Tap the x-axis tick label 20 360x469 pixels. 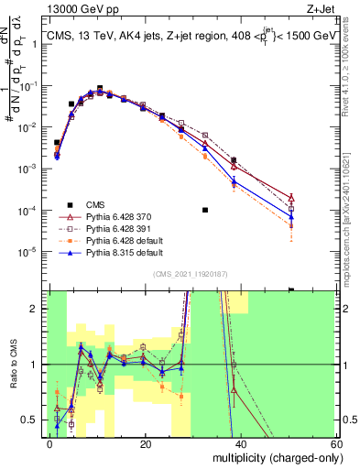[x=146, y=443]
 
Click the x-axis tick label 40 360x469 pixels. [x=240, y=443]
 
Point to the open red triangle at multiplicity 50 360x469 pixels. [x=291, y=197]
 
